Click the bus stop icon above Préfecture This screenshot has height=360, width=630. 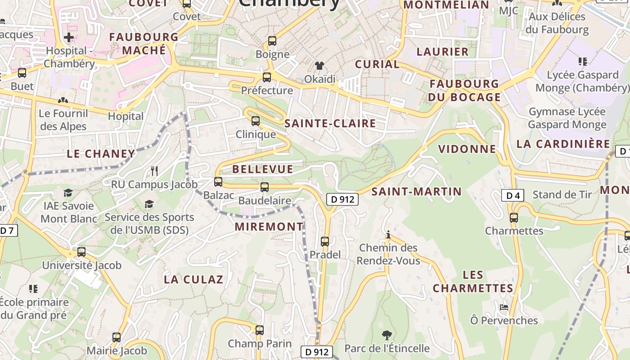coord(267,77)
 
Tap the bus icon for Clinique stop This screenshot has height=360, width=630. coord(256,121)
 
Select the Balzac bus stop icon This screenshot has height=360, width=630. coord(218,182)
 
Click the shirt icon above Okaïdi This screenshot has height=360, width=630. coord(319,66)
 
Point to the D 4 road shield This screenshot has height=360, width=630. coord(513,195)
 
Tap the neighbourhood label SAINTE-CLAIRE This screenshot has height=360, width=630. coord(330,123)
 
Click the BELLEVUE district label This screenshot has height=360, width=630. coord(263,169)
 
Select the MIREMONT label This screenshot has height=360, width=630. coord(269,227)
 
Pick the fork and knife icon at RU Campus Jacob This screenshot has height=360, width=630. coord(154,171)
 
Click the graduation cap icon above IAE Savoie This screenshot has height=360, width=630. coord(68,193)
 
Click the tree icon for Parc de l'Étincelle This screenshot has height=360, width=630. coord(387,335)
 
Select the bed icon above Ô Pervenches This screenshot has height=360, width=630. coord(504,307)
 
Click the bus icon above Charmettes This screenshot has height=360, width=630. coord(514,218)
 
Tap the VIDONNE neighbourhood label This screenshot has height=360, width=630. coord(467,149)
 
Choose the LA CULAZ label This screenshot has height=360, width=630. coord(193,279)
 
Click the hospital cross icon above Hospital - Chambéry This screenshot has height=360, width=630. coord(69,37)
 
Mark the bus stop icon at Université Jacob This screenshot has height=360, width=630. coord(81,252)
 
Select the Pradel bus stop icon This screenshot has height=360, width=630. coord(325,242)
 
